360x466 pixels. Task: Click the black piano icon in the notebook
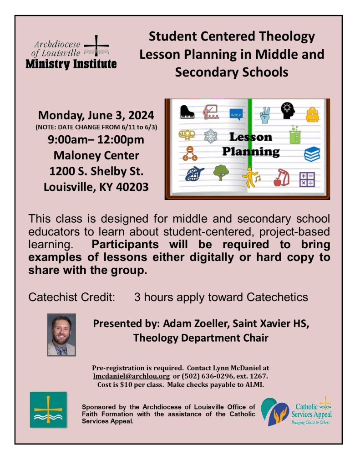coord(187,112)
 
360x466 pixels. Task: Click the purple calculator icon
coord(307,179)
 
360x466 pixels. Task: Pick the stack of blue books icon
coord(312,154)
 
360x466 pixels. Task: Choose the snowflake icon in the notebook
coord(211,136)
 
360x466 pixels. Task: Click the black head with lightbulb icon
coord(288,111)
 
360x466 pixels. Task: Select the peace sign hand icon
coord(265,115)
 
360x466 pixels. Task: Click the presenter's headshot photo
coord(61,334)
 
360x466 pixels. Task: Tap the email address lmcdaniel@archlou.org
coord(131,376)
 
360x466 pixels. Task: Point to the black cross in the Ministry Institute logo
coord(96,46)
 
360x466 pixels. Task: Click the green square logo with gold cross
coord(48,409)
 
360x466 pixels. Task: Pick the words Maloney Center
coord(96,155)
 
